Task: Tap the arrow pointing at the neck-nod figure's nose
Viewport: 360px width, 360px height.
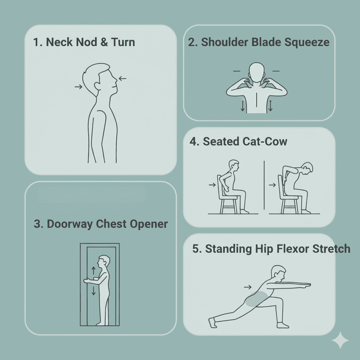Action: click(x=122, y=78)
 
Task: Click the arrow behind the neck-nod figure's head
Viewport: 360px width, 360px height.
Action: click(x=78, y=86)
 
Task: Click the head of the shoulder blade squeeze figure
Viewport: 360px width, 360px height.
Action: click(x=256, y=72)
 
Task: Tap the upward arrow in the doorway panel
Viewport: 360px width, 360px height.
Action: click(x=94, y=271)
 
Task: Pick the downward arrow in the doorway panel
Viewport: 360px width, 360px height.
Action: click(x=94, y=290)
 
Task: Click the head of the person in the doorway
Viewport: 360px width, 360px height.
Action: click(x=103, y=262)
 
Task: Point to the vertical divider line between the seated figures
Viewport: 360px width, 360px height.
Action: click(x=264, y=185)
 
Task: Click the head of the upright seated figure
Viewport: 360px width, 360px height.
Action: click(x=234, y=165)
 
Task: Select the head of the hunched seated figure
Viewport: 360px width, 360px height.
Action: click(x=307, y=168)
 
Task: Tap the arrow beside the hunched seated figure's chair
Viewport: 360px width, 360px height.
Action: click(x=272, y=185)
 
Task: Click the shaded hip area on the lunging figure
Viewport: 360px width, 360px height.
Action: click(x=256, y=299)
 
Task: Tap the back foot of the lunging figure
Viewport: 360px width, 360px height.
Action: click(x=213, y=323)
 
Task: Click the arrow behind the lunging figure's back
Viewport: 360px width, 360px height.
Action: click(x=248, y=287)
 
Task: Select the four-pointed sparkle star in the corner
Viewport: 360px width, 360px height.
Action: click(x=340, y=340)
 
